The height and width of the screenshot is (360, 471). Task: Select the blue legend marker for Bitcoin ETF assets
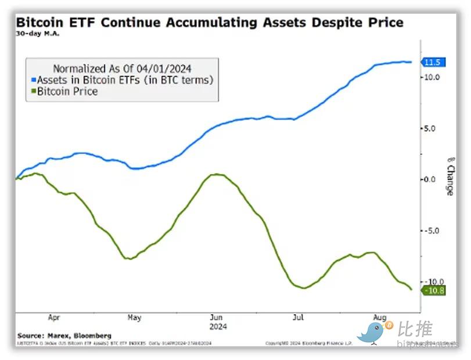pos(33,80)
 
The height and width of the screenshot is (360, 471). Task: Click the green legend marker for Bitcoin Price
pos(33,92)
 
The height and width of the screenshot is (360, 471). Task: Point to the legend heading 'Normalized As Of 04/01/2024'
pos(122,68)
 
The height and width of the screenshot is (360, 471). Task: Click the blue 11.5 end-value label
pos(434,62)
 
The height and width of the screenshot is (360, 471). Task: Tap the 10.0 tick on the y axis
pos(433,77)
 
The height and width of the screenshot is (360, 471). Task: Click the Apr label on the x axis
pos(54,318)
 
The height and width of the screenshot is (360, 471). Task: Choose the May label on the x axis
pos(134,318)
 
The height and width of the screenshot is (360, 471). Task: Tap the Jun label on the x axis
pos(216,318)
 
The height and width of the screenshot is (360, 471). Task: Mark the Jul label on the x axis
pos(298,318)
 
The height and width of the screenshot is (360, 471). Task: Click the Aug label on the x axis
pos(379,318)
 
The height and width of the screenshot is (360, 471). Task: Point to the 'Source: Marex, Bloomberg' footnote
pos(64,336)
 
